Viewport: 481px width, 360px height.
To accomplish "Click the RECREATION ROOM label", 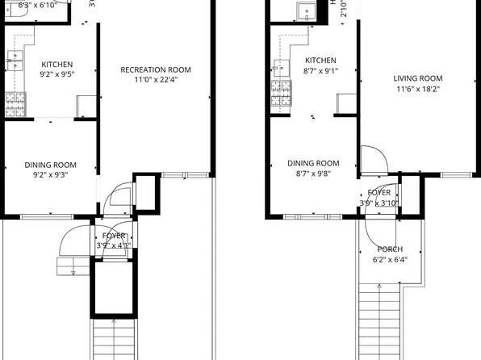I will [x=156, y=70].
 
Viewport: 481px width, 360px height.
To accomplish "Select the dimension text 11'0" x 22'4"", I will [x=156, y=80].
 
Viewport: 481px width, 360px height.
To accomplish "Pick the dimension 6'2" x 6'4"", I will [x=390, y=260].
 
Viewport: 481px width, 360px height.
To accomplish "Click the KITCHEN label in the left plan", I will [x=57, y=65].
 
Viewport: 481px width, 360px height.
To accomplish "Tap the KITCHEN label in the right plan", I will [x=320, y=61].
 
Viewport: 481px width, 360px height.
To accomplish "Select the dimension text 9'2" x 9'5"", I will [x=57, y=74].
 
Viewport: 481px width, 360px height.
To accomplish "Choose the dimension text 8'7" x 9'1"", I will [x=320, y=70].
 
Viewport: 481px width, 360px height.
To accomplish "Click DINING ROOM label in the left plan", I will [x=50, y=164].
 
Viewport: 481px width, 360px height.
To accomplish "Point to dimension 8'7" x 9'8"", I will [x=313, y=174].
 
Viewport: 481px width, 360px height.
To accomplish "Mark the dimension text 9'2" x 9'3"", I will [x=50, y=174].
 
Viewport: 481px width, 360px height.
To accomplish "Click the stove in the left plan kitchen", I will [x=15, y=103].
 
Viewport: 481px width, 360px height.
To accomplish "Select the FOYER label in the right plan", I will [x=379, y=193].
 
